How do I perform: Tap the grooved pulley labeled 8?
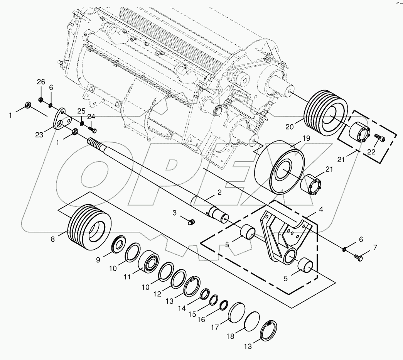(x=89, y=226)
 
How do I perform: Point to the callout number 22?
(x=371, y=152)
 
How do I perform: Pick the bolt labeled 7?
(x=357, y=257)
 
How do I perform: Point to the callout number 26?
(x=41, y=82)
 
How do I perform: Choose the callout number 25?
(x=81, y=112)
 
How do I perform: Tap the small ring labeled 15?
(x=214, y=299)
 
